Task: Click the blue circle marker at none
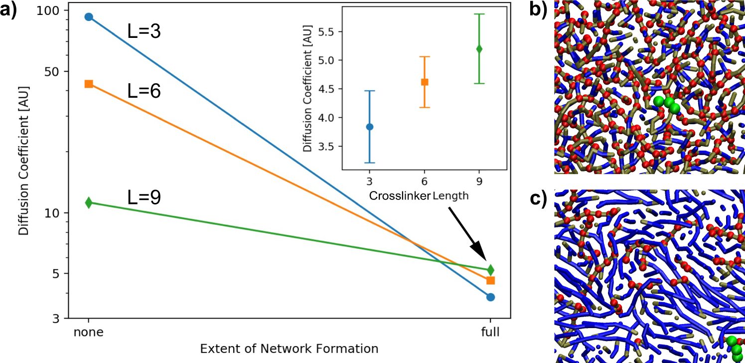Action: coord(89,17)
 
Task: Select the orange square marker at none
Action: coord(89,84)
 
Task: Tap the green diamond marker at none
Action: coord(89,202)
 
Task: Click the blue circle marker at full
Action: coord(490,297)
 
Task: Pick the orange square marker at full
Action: coord(490,281)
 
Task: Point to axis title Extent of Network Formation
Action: coord(289,348)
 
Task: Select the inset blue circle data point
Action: coord(370,127)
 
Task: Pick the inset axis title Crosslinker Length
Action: coord(419,196)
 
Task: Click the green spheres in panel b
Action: coord(667,104)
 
